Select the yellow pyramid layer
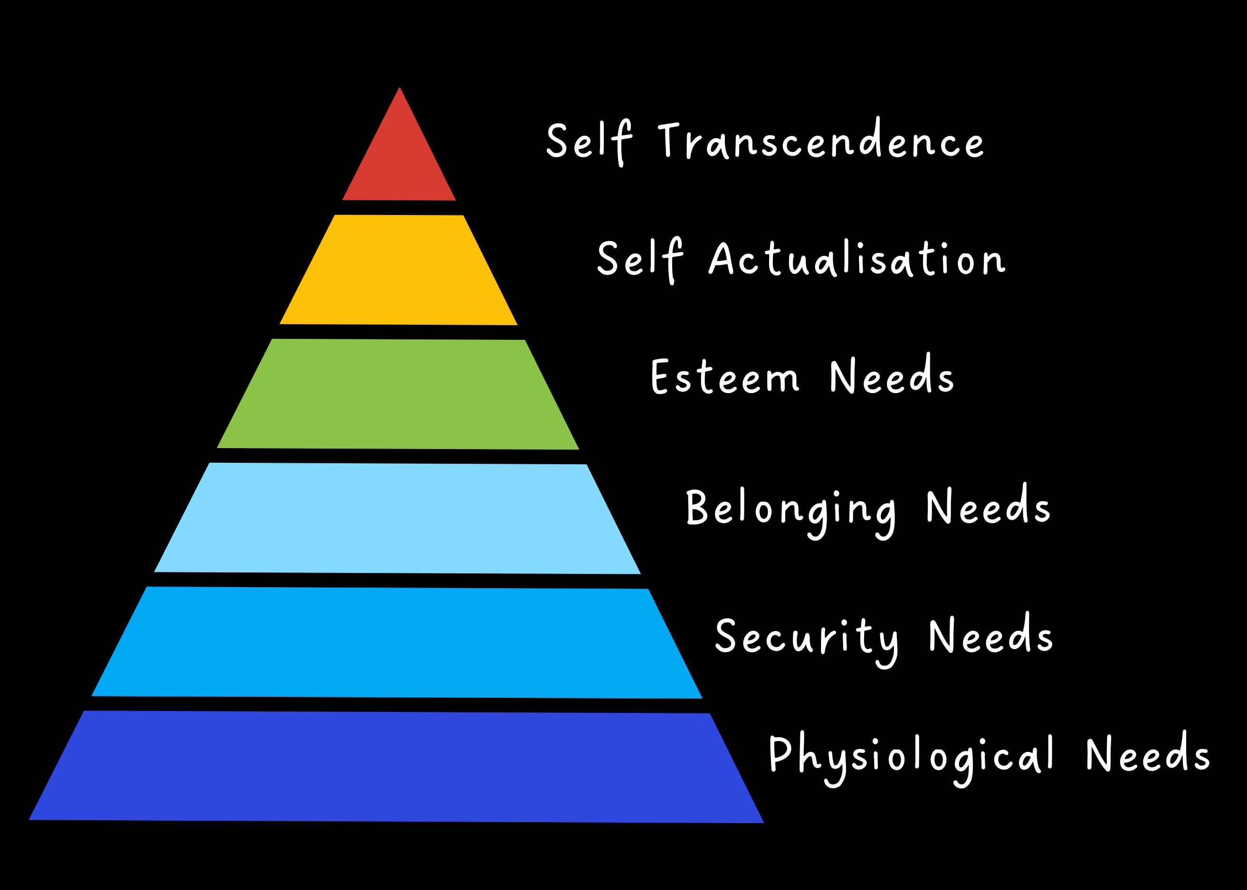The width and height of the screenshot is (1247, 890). [x=399, y=270]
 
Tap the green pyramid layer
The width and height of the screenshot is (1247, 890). [x=398, y=394]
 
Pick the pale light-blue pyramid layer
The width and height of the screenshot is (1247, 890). [x=398, y=518]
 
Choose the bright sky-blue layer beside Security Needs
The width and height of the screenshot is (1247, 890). [x=397, y=642]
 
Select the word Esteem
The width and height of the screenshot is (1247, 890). [x=725, y=377]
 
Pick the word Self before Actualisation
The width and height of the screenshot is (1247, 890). [x=640, y=258]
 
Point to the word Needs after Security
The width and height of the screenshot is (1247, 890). [x=991, y=635]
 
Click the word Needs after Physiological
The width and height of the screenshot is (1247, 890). [x=1148, y=754]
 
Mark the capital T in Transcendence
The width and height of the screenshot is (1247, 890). [x=668, y=139]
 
